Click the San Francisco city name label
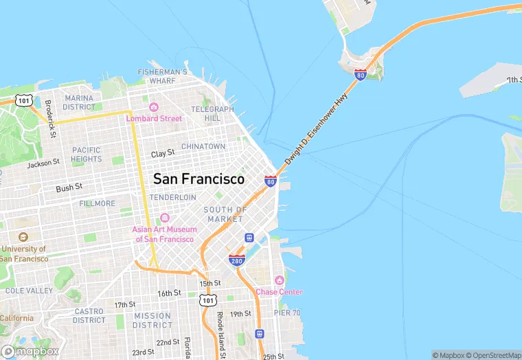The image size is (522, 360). click(x=198, y=179)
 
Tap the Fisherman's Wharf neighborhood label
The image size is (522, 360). click(x=163, y=76)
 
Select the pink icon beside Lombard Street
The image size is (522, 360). click(x=154, y=107)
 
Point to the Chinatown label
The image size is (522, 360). click(x=203, y=146)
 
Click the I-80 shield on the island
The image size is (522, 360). click(x=360, y=74)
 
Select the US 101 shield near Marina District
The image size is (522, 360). click(x=24, y=100)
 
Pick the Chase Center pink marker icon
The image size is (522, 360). click(x=279, y=280)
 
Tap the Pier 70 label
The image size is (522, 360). click(x=287, y=313)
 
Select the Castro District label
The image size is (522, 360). click(x=89, y=315)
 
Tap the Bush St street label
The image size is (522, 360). click(x=69, y=187)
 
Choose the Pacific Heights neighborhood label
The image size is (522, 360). click(x=87, y=155)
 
